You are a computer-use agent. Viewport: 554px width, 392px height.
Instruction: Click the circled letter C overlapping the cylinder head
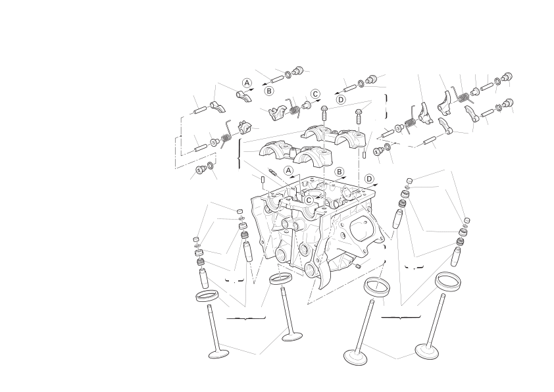click(x=309, y=200)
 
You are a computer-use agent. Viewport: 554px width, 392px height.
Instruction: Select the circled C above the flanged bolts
click(x=315, y=94)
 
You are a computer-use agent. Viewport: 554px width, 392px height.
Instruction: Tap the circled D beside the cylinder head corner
click(x=369, y=179)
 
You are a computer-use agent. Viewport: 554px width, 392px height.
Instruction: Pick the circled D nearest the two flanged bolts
click(x=341, y=99)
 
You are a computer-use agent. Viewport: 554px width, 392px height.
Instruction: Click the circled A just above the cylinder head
click(x=289, y=170)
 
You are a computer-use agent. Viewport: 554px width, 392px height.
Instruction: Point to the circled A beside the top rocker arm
click(x=247, y=83)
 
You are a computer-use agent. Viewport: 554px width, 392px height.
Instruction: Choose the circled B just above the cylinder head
click(x=340, y=172)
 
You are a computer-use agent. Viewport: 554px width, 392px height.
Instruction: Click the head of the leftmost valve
click(x=218, y=354)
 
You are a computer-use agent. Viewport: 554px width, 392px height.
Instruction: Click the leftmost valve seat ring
click(x=207, y=296)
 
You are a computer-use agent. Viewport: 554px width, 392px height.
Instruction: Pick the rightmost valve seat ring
click(x=448, y=282)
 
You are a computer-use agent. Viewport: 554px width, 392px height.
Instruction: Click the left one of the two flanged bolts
click(x=324, y=112)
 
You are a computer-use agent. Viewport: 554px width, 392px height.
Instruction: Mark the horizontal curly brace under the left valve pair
click(x=245, y=318)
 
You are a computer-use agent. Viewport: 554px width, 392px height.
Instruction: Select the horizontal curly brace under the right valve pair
click(x=401, y=317)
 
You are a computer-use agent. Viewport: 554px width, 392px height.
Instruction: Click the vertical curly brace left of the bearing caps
click(x=240, y=153)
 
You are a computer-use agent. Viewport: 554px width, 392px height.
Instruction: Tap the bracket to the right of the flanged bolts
click(x=386, y=107)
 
